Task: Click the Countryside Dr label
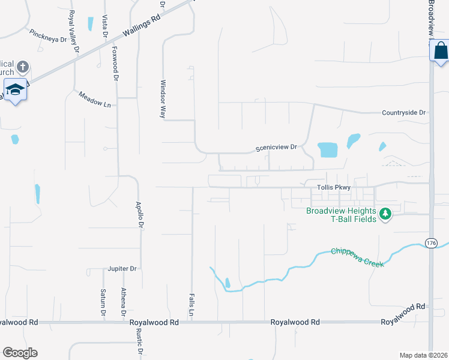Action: pyautogui.click(x=403, y=112)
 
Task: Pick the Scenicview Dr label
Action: pyautogui.click(x=276, y=147)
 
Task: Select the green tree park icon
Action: pyautogui.click(x=385, y=214)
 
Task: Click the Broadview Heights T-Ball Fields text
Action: pyautogui.click(x=341, y=215)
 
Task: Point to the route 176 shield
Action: pyautogui.click(x=430, y=242)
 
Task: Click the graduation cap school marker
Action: pyautogui.click(x=15, y=89)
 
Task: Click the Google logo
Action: pyautogui.click(x=20, y=353)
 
